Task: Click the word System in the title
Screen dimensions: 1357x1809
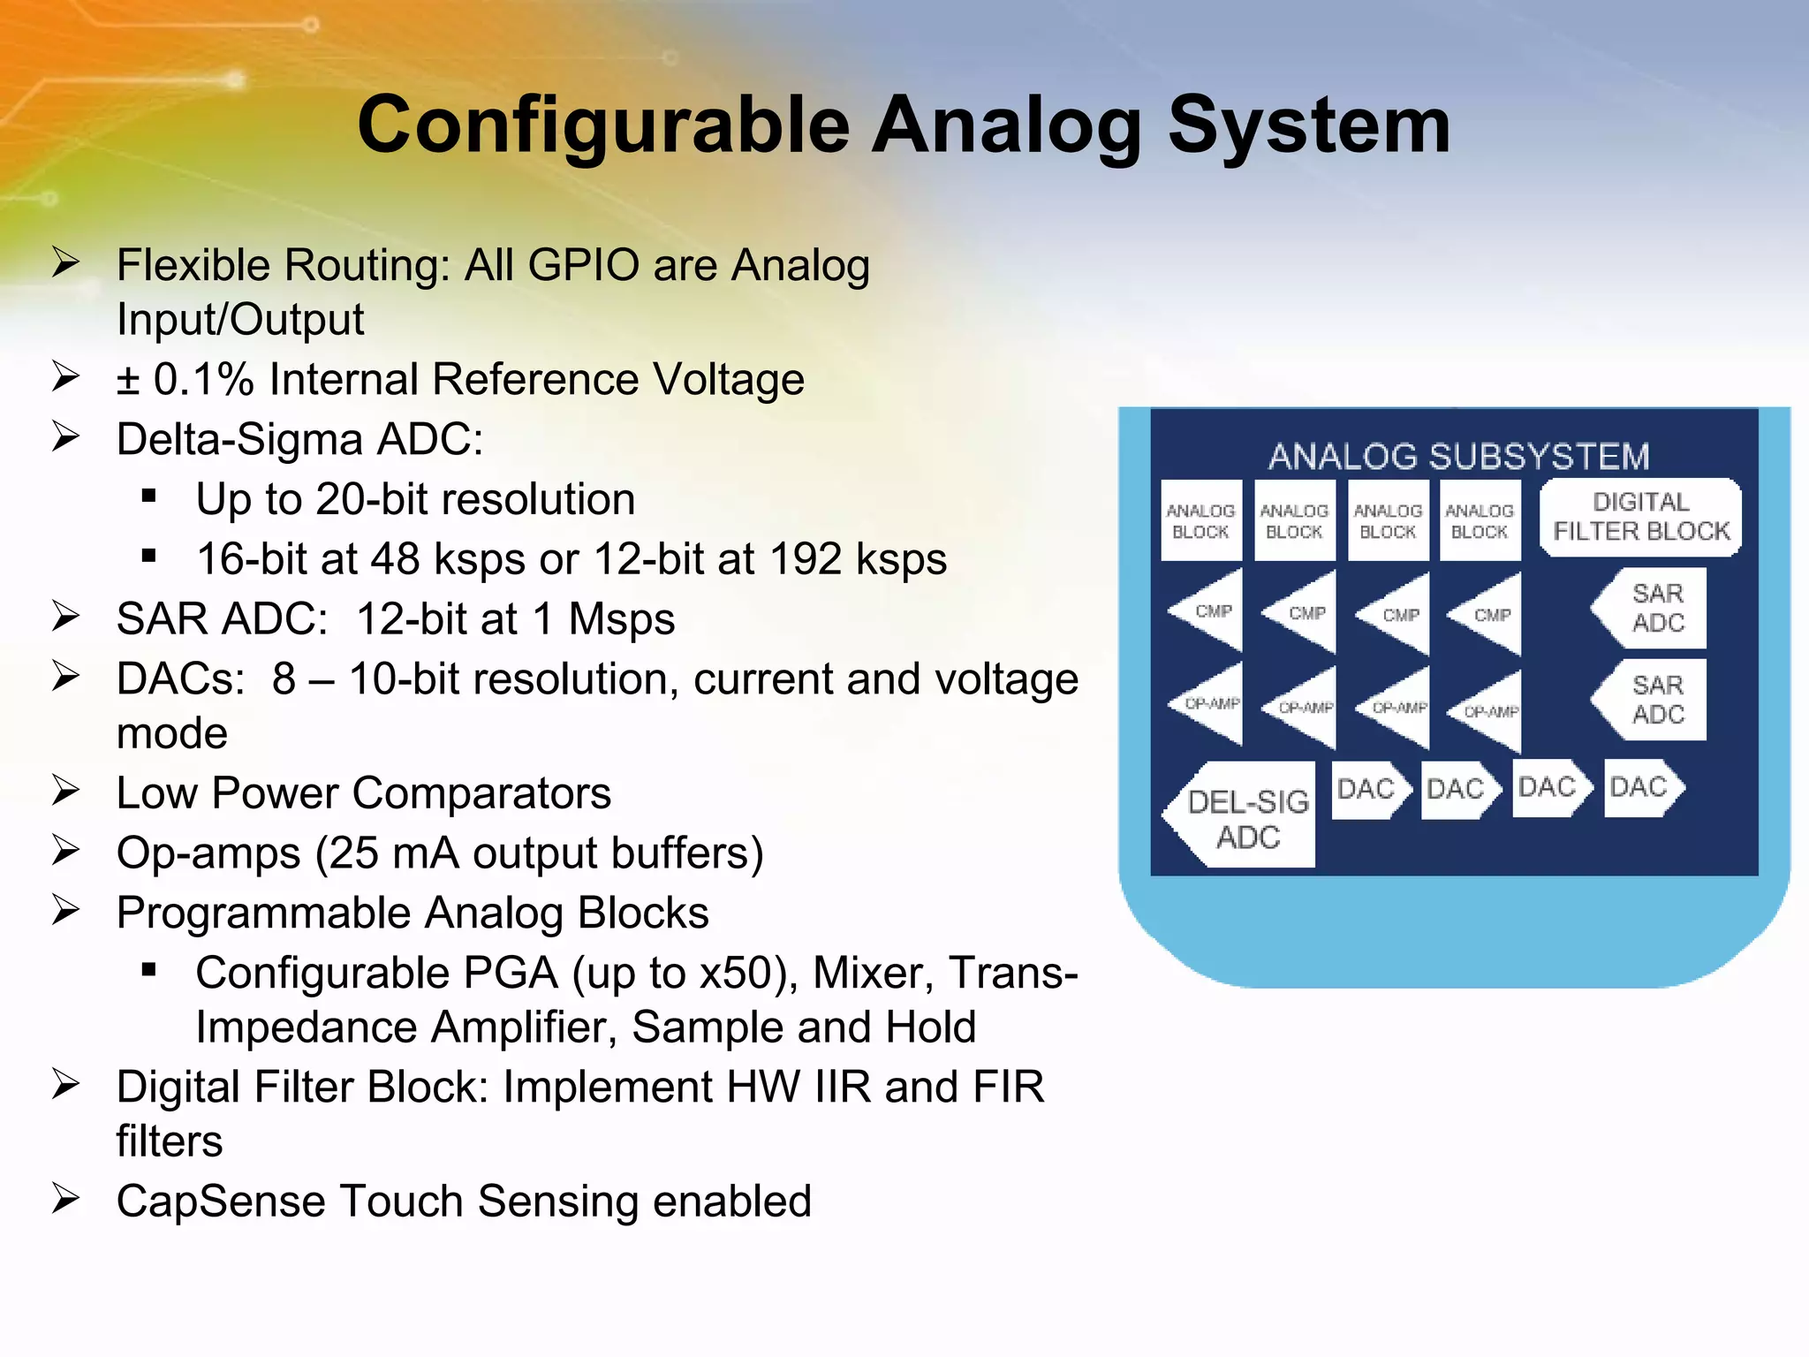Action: tap(1309, 126)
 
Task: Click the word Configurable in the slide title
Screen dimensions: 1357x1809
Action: tap(603, 126)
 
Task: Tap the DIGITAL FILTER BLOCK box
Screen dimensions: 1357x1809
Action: tap(1640, 518)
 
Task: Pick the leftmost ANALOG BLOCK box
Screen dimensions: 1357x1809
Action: tap(1200, 521)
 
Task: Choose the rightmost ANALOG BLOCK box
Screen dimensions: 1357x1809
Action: tap(1480, 521)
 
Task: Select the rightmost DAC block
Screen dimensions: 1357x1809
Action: tap(1641, 787)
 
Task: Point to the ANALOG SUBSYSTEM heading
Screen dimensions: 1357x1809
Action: tap(1458, 457)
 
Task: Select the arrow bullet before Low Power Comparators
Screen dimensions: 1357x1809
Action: tap(66, 791)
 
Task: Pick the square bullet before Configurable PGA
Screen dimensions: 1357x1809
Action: tap(148, 971)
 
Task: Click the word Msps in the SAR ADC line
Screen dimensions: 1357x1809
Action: tap(621, 619)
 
